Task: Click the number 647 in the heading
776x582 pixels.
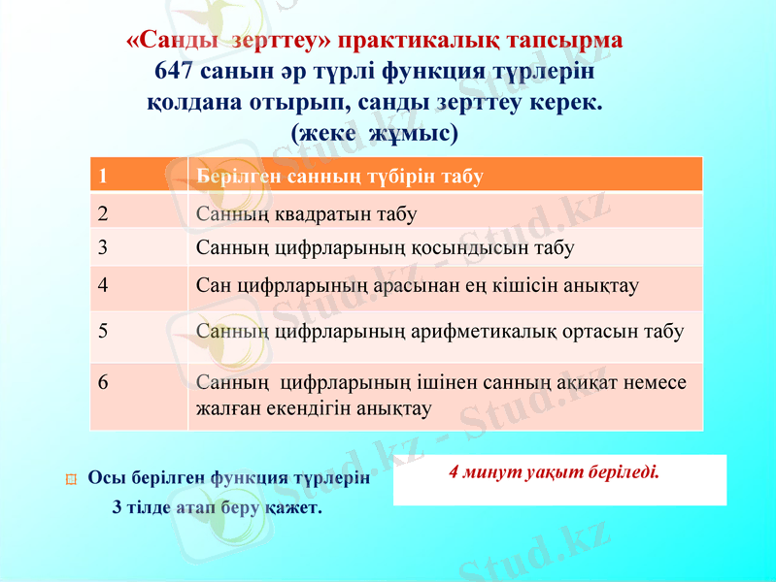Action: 176,72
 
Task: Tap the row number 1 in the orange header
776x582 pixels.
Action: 102,177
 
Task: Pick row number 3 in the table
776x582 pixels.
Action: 102,247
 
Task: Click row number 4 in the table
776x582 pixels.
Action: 102,286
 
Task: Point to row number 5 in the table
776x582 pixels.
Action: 102,330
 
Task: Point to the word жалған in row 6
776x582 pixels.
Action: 225,408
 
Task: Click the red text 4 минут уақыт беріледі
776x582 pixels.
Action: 554,473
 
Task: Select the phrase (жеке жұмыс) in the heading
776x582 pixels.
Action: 374,131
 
